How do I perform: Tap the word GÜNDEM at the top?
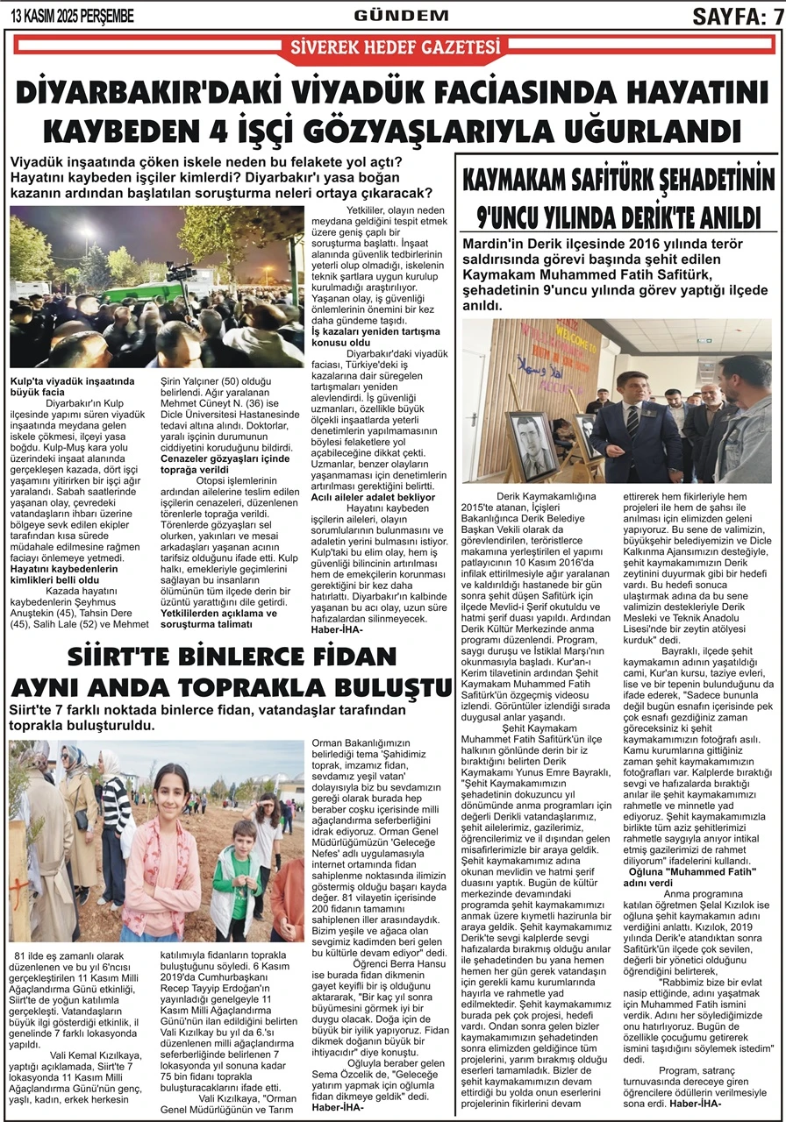tap(389, 15)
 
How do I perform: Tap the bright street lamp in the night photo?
tap(85, 232)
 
